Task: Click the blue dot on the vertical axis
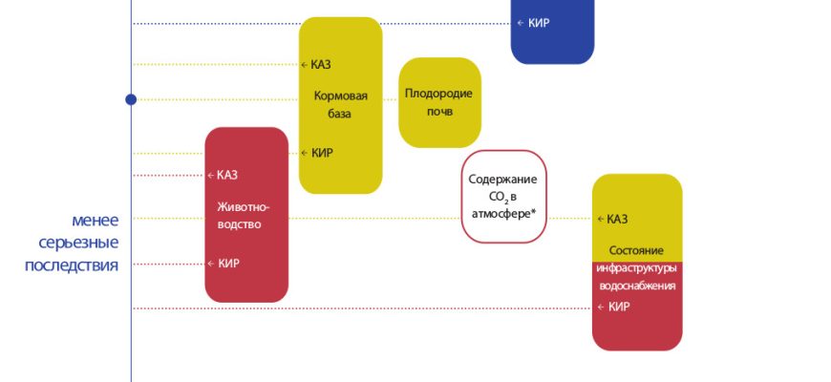click(131, 99)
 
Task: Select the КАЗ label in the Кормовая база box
click(321, 65)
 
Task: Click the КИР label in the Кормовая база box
click(322, 153)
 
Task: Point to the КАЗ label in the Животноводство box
click(227, 175)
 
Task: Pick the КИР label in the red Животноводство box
click(228, 264)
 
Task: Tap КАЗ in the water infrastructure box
click(617, 219)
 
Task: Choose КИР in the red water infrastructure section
click(618, 307)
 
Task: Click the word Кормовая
click(341, 95)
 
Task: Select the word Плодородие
click(439, 94)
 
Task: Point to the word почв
click(439, 112)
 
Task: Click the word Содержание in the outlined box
click(502, 179)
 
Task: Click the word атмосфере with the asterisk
click(502, 215)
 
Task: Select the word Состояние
click(636, 249)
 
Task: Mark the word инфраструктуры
click(636, 267)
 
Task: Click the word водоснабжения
click(636, 286)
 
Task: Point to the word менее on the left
click(95, 220)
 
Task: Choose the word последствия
click(72, 265)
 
